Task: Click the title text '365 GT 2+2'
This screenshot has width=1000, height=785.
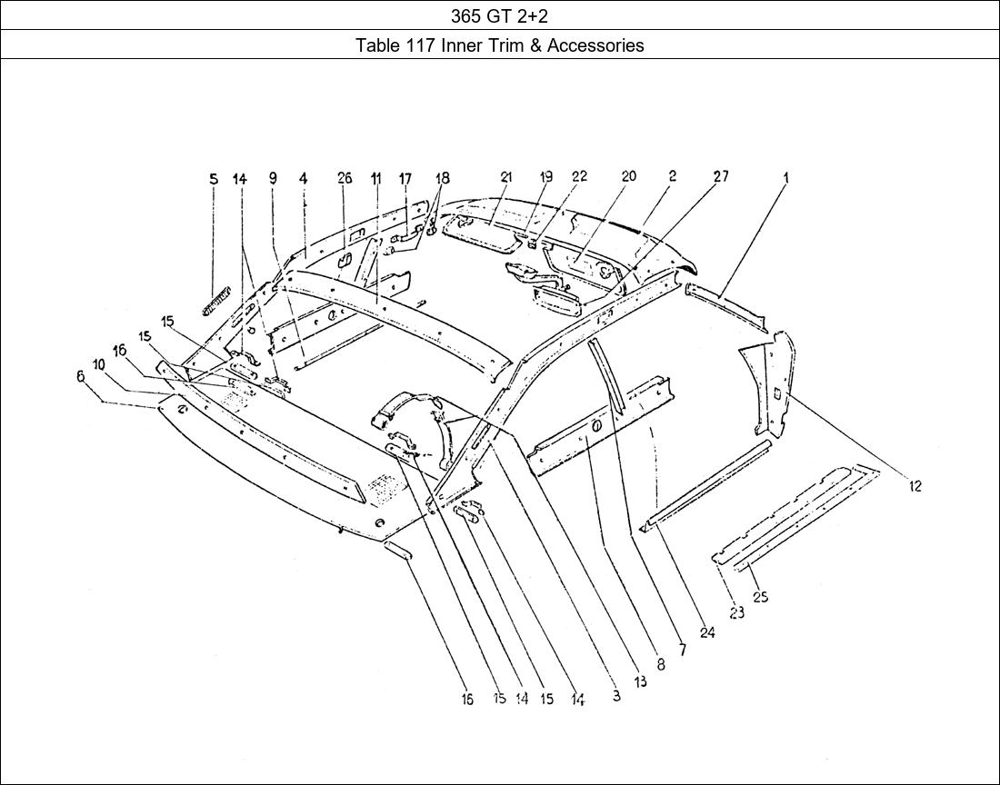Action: pos(499,15)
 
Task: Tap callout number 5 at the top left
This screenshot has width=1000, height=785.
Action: pos(214,179)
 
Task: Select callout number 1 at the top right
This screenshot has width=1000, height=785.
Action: pos(786,178)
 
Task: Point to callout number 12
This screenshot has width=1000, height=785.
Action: pos(915,486)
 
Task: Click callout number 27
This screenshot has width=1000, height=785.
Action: pos(720,177)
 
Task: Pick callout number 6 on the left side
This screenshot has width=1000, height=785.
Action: pos(80,376)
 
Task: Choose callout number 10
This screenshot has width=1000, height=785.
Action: pos(98,363)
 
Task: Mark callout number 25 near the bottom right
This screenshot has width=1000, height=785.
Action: pos(760,597)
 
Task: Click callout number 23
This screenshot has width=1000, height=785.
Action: pos(735,613)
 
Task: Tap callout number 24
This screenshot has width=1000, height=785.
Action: pos(706,633)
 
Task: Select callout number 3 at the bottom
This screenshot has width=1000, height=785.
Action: pos(616,697)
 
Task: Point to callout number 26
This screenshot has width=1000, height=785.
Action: pos(345,178)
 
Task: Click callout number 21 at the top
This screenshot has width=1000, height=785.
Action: pos(506,177)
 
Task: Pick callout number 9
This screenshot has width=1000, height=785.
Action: pos(273,179)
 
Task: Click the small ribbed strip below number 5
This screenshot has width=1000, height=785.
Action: pos(216,299)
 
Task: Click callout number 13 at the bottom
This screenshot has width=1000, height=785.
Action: pos(640,681)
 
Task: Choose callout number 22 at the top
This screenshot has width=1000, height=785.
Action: pos(579,177)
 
